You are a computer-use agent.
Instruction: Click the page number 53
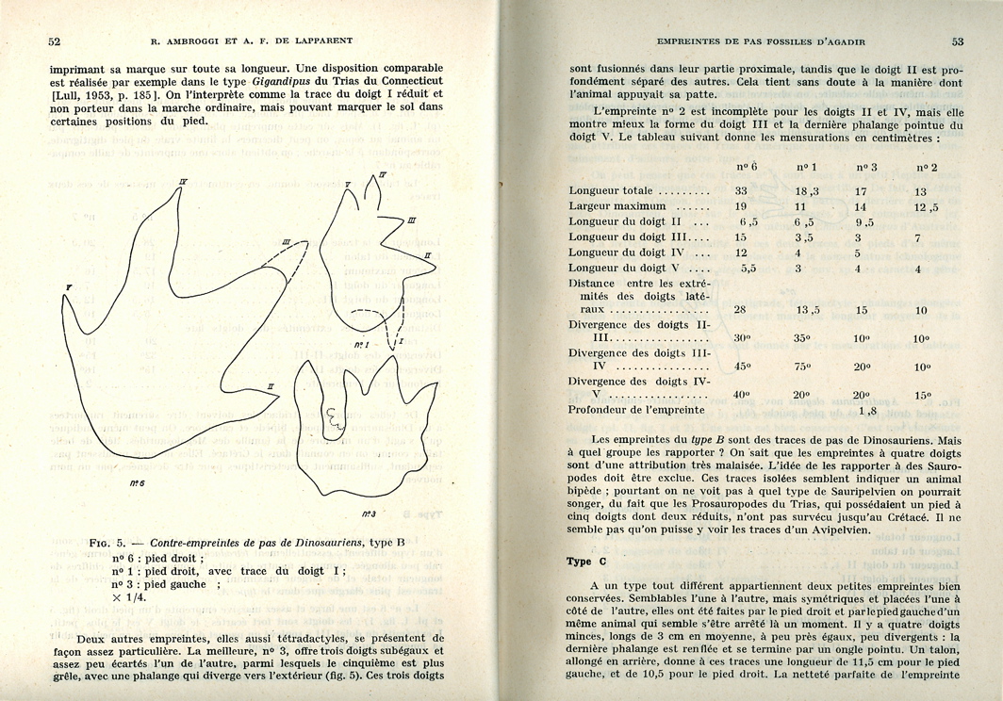(957, 41)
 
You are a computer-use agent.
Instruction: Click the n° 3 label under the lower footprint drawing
(368, 514)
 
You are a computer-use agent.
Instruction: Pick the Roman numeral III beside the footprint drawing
(411, 220)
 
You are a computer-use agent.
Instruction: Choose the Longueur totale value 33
(741, 190)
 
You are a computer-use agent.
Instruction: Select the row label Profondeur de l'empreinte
(636, 410)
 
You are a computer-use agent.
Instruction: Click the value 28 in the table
(741, 309)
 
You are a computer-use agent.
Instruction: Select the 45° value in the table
(741, 367)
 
